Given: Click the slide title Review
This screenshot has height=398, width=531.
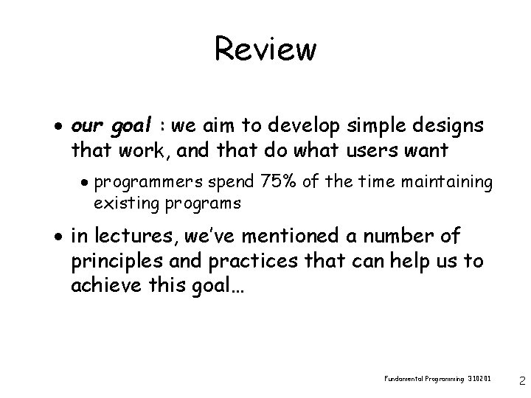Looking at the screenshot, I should point(265,49).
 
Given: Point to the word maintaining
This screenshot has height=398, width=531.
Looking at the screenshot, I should point(451,181).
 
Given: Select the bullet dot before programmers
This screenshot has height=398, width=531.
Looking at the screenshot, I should point(86,182).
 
